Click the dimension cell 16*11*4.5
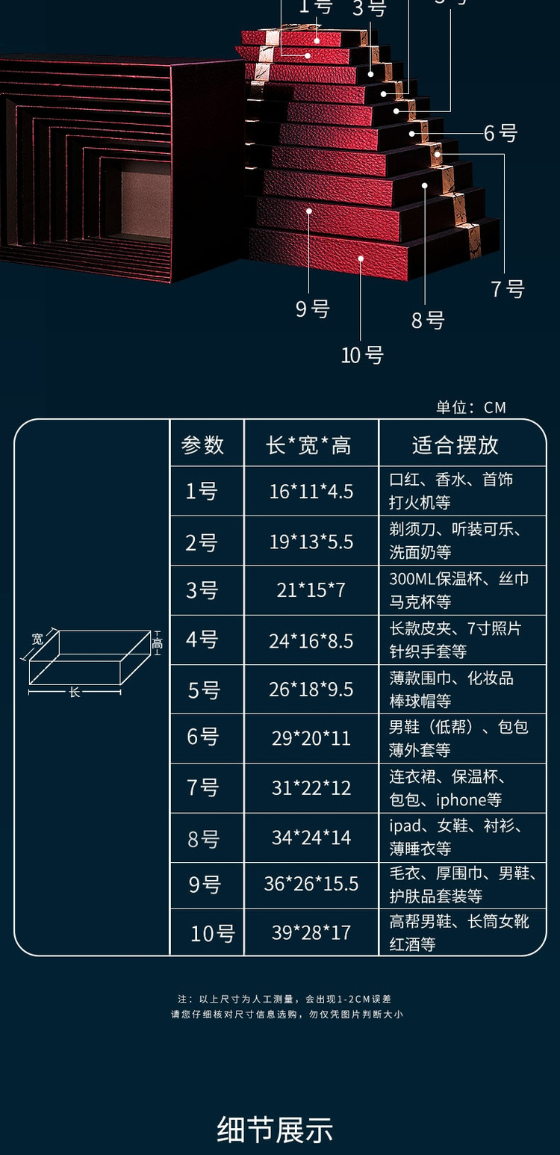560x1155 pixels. [x=311, y=492]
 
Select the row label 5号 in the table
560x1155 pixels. [x=203, y=690]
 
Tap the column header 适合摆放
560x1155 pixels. [x=455, y=445]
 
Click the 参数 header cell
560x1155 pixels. [x=202, y=445]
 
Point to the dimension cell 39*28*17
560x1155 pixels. [x=311, y=932]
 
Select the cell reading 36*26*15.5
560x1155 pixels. [x=311, y=884]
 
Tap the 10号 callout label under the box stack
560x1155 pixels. [x=362, y=356]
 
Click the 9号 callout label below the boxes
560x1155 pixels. [x=312, y=309]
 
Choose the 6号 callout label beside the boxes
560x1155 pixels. [x=500, y=134]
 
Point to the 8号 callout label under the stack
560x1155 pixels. [x=428, y=321]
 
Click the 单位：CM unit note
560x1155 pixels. [x=471, y=407]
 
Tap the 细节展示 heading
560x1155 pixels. [x=275, y=1130]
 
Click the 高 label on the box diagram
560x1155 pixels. [x=157, y=643]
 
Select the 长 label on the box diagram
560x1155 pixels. [x=75, y=693]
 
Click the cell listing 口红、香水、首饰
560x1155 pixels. [x=451, y=480]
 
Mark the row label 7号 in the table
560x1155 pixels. [x=202, y=787]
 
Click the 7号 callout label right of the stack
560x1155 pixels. [x=508, y=288]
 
